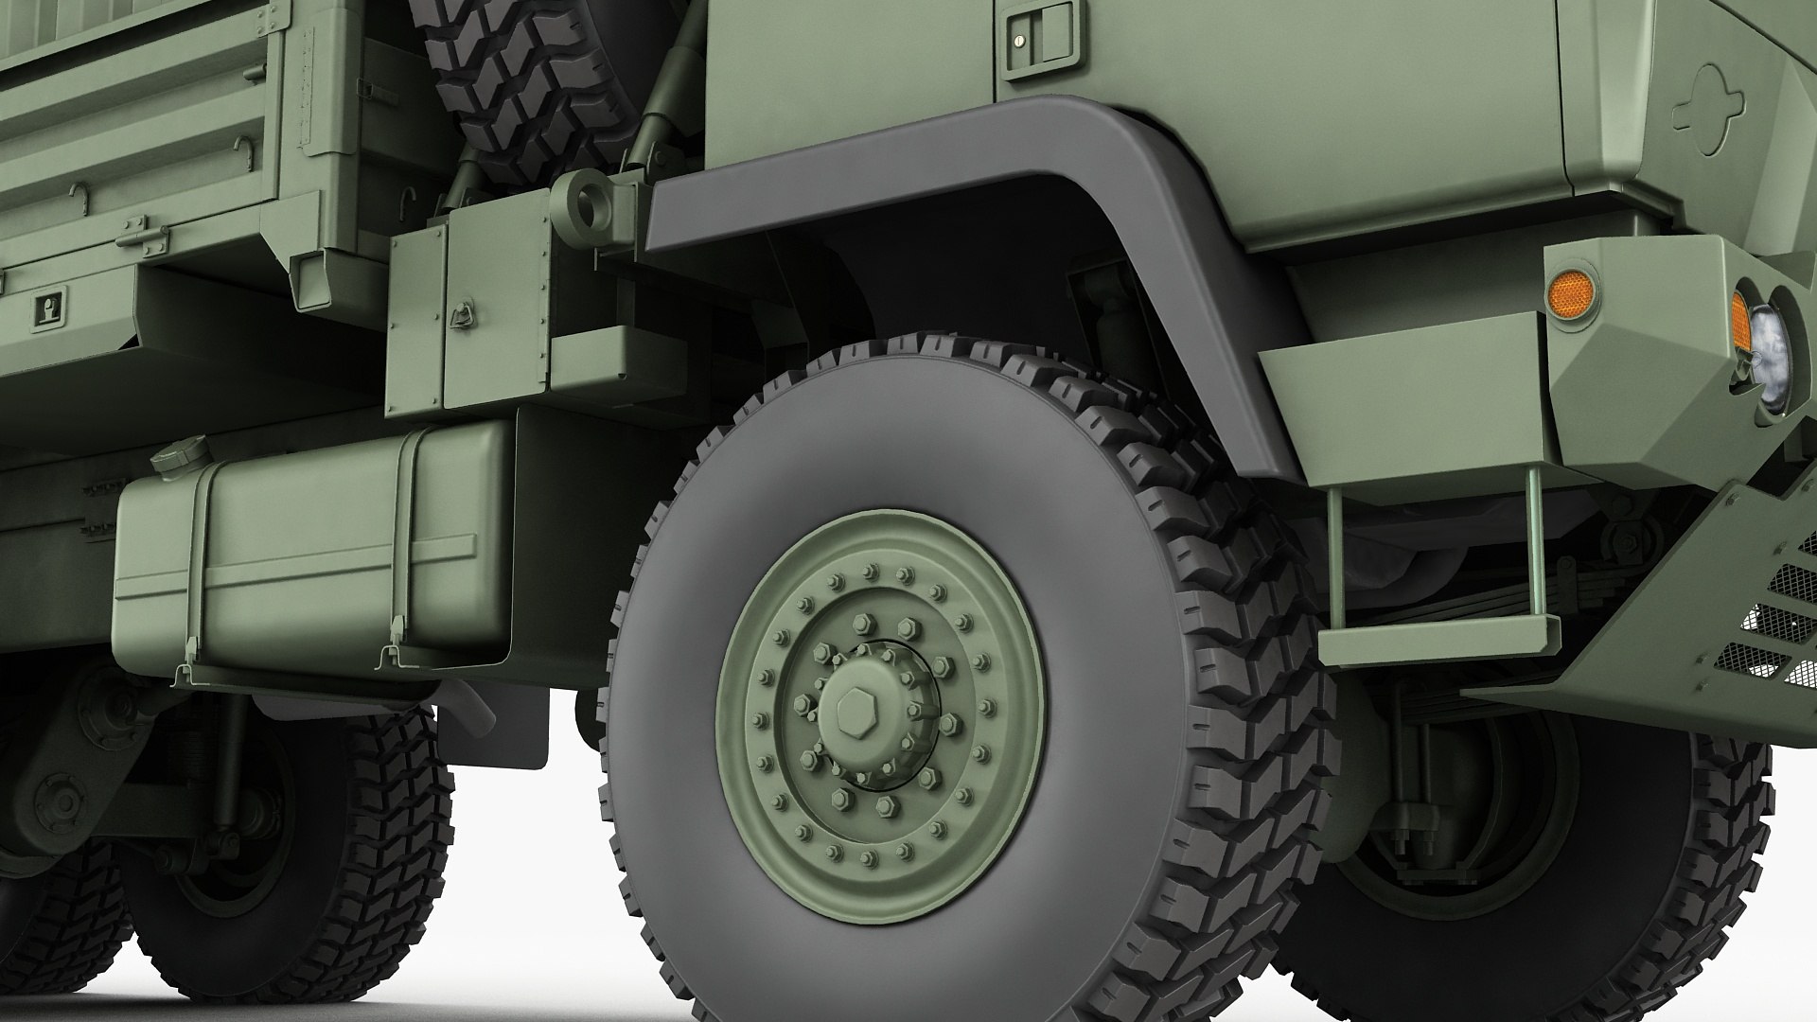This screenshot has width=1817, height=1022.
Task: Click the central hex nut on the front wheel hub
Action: click(x=856, y=714)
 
